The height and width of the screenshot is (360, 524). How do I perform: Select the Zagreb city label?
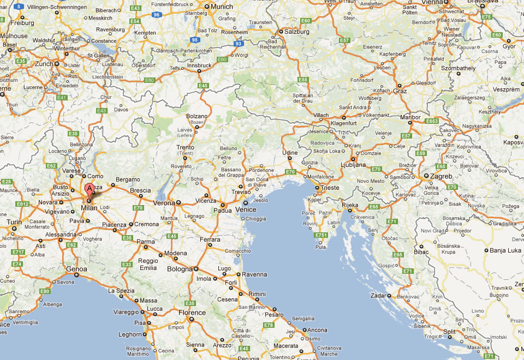pos(441,176)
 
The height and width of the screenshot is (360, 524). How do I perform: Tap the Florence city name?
pos(192,313)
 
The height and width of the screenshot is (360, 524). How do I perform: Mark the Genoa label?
pos(76,269)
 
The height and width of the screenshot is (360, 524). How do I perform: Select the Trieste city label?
pos(329,188)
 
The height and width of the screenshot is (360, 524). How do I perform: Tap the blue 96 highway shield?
pos(157,15)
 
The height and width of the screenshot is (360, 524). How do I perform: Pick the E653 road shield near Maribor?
pos(432,121)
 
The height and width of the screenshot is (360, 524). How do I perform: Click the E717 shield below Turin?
pos(18,252)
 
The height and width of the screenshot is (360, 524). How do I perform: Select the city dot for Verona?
pos(178,202)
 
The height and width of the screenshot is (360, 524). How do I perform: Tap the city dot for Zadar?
pos(389,296)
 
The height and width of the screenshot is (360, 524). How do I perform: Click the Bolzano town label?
pos(197,116)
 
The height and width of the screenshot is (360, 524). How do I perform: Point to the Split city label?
pos(449,332)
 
